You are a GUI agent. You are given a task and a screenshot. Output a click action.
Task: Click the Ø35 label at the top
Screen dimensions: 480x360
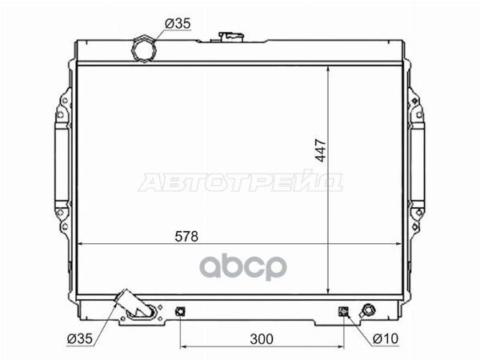point(178,23)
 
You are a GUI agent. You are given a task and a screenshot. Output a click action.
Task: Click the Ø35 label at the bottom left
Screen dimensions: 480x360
point(79,338)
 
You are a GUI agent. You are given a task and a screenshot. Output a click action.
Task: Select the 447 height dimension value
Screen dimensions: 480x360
point(321,150)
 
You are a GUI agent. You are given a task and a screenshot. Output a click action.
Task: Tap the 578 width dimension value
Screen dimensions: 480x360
point(186,236)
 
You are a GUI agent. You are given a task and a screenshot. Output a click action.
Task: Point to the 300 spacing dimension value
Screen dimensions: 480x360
point(262,339)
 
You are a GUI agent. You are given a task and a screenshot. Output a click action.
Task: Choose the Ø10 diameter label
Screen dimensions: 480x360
point(386,338)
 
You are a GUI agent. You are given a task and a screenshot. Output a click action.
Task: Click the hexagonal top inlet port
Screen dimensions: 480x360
point(144,50)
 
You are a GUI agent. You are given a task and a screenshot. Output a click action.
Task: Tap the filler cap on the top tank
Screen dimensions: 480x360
point(231,37)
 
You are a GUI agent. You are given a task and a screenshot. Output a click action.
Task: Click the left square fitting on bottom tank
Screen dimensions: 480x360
point(180,312)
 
